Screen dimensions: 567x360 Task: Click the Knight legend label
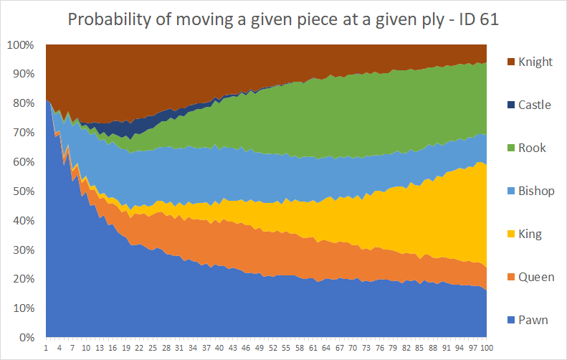535,62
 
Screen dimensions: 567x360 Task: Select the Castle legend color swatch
511,105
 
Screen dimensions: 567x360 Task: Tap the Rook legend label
532,148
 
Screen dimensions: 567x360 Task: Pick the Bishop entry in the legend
531,191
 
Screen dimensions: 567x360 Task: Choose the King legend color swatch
511,234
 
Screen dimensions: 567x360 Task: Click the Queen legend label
536,277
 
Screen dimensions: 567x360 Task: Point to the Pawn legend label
533,320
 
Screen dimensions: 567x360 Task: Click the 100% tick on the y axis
21,45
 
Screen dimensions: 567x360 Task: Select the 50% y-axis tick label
24,191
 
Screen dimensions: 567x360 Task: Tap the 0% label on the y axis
27,338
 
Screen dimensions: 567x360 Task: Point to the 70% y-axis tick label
24,133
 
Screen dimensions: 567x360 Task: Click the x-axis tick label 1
46,348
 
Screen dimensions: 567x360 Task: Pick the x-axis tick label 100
487,348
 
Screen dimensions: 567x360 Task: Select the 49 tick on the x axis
259,348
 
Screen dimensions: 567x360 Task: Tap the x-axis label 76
380,348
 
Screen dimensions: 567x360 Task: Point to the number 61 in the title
490,19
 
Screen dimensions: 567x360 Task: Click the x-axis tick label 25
153,348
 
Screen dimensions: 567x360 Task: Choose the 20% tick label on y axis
24,279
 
